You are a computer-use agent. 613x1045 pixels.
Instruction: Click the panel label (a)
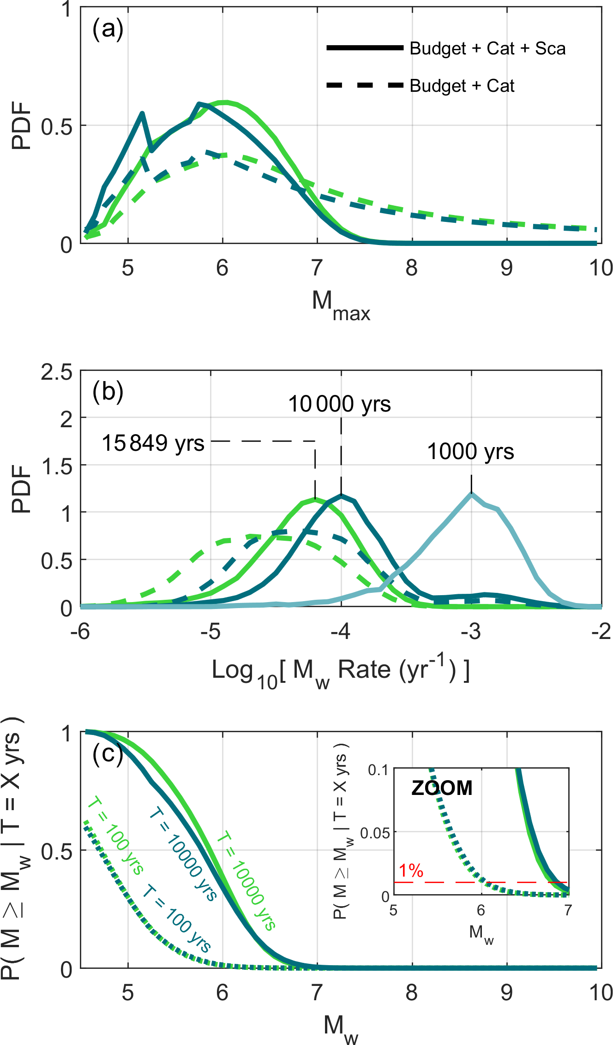(x=108, y=29)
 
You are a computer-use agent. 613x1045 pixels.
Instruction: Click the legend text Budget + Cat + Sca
(x=487, y=48)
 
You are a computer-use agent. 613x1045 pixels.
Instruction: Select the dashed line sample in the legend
(x=365, y=85)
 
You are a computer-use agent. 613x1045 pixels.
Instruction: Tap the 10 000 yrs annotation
(x=339, y=404)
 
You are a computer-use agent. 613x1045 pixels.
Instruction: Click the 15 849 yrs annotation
(x=153, y=443)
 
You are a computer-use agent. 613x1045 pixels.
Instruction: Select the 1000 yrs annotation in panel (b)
(x=470, y=451)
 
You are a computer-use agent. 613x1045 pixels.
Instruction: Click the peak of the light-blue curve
(x=471, y=495)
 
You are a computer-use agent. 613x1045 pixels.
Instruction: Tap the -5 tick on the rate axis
(x=211, y=631)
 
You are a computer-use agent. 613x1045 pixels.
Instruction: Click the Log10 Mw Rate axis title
(x=341, y=672)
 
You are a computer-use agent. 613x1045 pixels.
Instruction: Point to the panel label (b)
(x=108, y=392)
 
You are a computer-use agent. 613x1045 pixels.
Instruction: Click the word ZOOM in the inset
(x=442, y=788)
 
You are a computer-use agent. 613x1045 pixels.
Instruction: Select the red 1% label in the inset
(x=411, y=871)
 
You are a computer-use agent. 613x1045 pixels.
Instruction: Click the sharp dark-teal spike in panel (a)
(x=142, y=113)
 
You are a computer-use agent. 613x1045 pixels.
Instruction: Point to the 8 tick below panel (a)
(x=412, y=268)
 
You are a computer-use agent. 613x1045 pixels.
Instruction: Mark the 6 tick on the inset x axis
(x=481, y=910)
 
